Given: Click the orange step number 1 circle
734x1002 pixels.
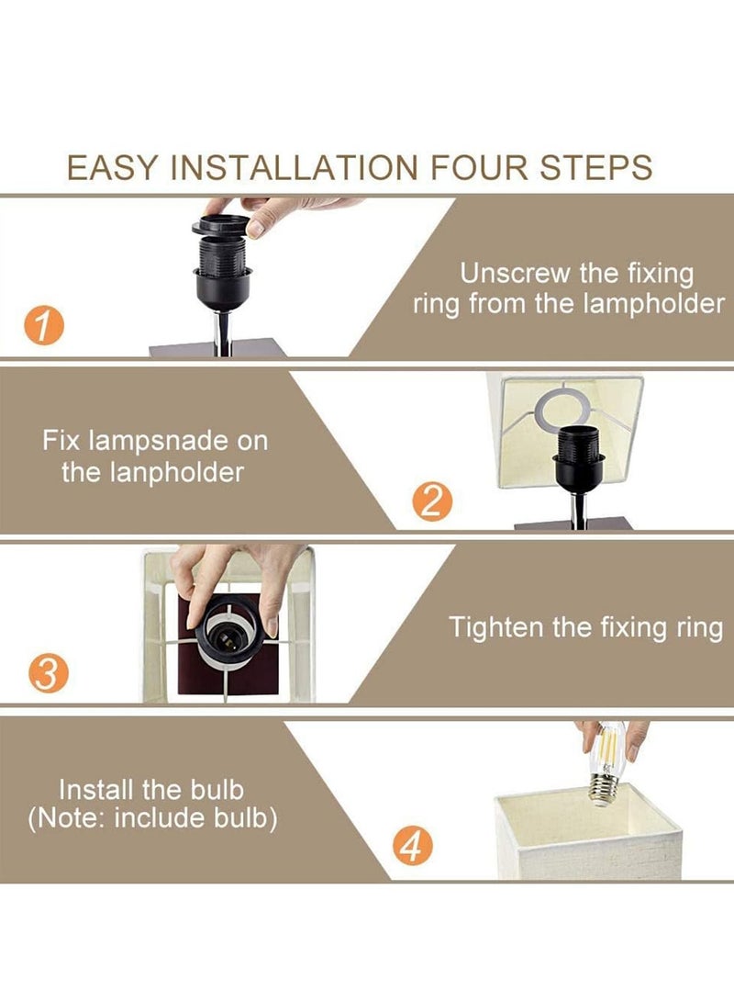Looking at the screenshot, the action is click(x=45, y=326).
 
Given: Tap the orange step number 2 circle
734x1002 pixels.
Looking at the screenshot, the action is click(x=432, y=501).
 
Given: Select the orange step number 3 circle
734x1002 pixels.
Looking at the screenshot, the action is click(x=48, y=673).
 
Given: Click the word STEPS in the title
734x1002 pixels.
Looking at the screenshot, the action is click(x=596, y=168).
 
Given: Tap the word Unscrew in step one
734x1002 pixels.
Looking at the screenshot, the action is click(x=516, y=273).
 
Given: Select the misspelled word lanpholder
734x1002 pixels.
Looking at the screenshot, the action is click(x=177, y=473).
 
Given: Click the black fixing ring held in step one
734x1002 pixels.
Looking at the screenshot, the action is click(x=220, y=225).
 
